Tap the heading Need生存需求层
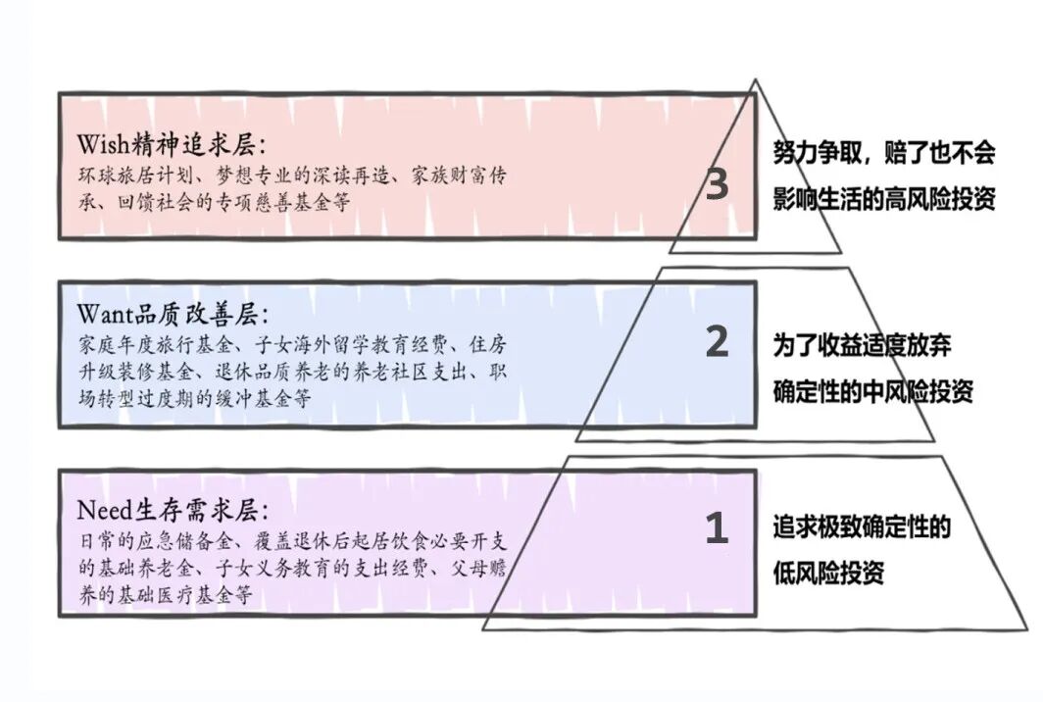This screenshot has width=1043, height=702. click(174, 510)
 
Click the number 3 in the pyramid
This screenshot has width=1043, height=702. click(717, 185)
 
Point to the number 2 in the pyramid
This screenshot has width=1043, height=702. click(717, 342)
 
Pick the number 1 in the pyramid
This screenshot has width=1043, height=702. click(717, 529)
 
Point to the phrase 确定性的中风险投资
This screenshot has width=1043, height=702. click(872, 392)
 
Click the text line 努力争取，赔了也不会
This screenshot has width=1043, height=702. click(883, 153)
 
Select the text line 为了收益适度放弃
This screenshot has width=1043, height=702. click(862, 345)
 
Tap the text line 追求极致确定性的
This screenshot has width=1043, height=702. click(862, 529)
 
